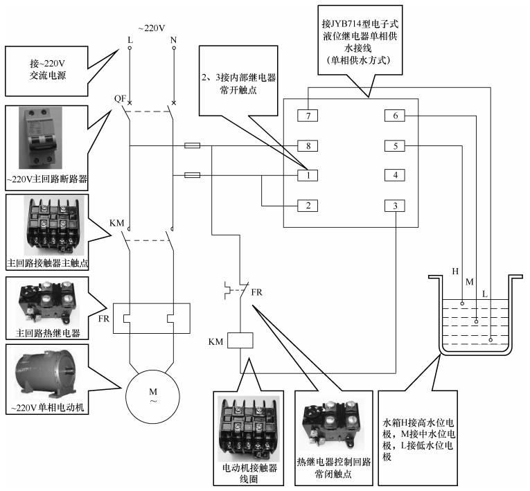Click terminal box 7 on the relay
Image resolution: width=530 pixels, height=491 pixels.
click(307, 115)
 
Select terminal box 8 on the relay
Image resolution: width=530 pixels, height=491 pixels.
click(307, 146)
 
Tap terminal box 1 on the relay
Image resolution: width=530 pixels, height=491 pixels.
click(307, 175)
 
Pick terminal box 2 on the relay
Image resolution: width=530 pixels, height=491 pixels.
click(307, 206)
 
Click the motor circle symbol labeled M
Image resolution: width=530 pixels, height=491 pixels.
click(153, 396)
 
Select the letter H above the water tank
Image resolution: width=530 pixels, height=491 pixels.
click(455, 270)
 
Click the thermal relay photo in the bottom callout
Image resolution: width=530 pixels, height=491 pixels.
click(332, 422)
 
